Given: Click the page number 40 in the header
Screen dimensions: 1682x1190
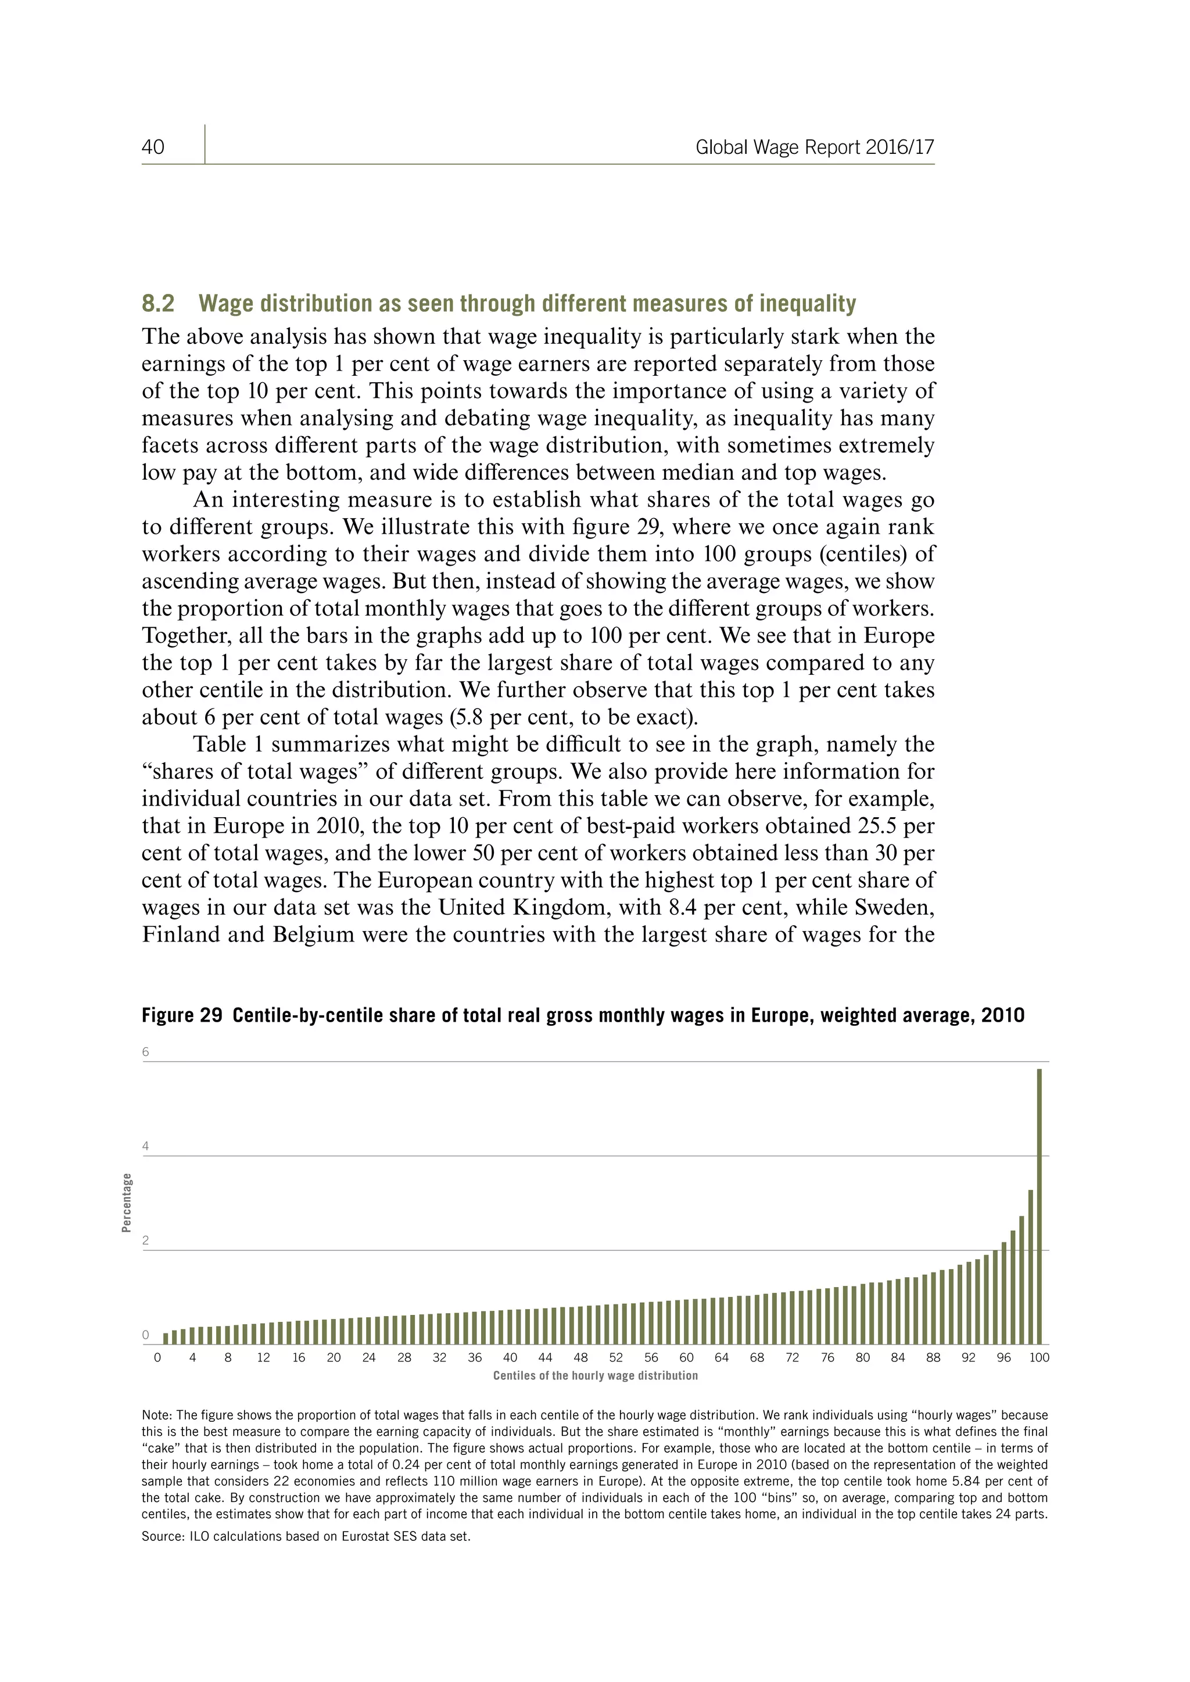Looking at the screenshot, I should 153,148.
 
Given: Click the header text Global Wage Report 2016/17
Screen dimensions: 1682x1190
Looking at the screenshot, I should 814,148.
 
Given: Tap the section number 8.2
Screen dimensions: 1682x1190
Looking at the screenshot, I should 157,303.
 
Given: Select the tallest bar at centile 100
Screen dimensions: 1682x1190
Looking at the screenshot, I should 1039,1209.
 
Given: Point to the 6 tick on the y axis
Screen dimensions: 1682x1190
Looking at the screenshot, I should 145,1052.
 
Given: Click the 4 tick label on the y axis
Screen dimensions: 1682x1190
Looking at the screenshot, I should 145,1147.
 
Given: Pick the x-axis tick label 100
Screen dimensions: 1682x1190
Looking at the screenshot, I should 1039,1357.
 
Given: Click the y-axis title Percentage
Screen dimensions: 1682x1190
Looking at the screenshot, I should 127,1203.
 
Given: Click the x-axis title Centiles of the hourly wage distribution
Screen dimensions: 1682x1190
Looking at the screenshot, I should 595,1376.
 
